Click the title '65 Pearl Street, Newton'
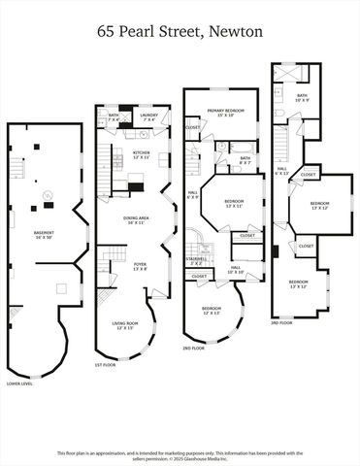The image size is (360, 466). [x=180, y=32]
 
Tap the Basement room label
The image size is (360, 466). [x=44, y=235]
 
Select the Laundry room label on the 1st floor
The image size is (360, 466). [x=148, y=117]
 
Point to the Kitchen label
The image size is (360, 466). [x=141, y=154]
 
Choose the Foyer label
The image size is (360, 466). [x=140, y=266]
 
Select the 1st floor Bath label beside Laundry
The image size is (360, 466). [x=114, y=117]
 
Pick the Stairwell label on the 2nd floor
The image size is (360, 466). [x=196, y=261]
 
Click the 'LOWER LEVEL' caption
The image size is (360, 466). [x=19, y=383]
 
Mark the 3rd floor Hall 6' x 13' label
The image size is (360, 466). [x=281, y=171]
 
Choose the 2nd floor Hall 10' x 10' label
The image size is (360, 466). [x=236, y=270]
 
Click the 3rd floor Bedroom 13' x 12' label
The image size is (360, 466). [x=320, y=206]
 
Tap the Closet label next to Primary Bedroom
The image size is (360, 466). [x=193, y=127]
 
